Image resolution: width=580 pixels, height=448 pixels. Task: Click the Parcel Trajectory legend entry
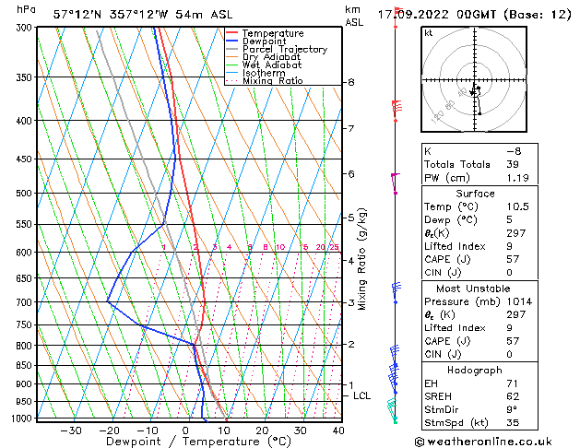(x=284, y=49)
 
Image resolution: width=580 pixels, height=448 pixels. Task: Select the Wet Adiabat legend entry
(x=272, y=65)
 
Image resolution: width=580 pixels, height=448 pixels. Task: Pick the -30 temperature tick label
(x=71, y=430)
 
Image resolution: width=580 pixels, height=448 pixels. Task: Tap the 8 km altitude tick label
(x=350, y=82)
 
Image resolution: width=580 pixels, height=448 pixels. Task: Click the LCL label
(x=362, y=395)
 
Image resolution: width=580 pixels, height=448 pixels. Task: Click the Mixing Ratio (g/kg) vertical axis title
(x=362, y=259)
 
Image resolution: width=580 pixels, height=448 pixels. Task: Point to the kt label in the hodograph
(x=428, y=32)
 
